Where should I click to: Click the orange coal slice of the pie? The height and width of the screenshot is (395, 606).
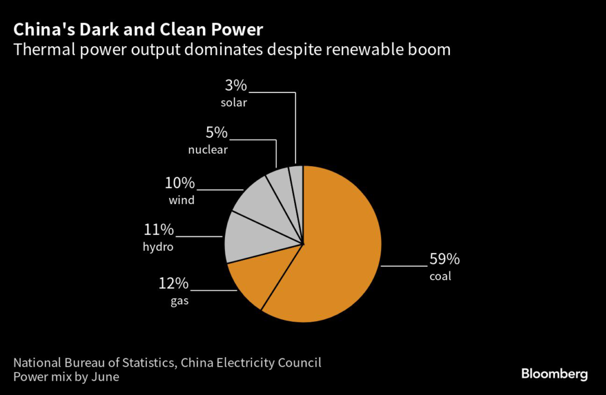337,248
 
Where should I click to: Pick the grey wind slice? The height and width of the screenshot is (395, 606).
260,204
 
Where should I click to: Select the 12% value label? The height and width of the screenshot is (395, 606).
173,284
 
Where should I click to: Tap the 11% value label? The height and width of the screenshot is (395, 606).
159,229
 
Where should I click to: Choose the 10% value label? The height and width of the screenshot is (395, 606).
180,183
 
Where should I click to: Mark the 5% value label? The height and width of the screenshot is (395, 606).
216,132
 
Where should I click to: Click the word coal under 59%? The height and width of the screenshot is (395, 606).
440,276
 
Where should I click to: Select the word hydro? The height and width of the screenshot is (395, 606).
159,247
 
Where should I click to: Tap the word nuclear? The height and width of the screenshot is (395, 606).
208,150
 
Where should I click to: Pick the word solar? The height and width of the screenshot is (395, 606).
234,102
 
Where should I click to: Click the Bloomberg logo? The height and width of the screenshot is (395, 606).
554,374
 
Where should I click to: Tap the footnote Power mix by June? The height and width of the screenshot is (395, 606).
66,377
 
